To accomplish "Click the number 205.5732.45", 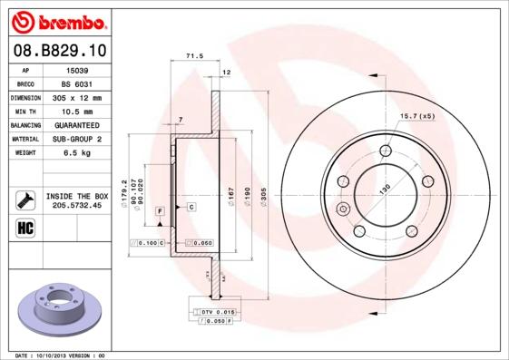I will [x=76, y=206].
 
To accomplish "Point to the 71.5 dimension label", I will [x=193, y=56].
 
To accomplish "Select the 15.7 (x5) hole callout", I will [x=417, y=116].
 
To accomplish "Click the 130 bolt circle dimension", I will [x=385, y=188].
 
